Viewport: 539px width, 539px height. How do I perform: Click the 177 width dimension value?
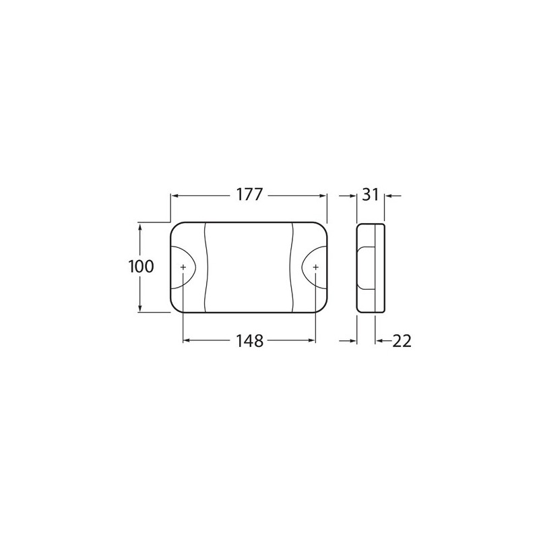pyautogui.click(x=249, y=195)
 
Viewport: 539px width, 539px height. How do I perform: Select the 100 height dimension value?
pyautogui.click(x=141, y=266)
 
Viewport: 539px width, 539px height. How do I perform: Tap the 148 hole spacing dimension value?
pyautogui.click(x=249, y=341)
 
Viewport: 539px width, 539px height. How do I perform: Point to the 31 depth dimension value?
pyautogui.click(x=370, y=195)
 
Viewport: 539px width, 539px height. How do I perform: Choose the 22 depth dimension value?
pyautogui.click(x=402, y=341)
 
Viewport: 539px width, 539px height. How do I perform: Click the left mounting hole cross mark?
pyautogui.click(x=183, y=267)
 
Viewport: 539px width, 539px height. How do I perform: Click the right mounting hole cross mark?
pyautogui.click(x=315, y=267)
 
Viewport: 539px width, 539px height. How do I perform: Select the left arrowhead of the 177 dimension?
pyautogui.click(x=175, y=196)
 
